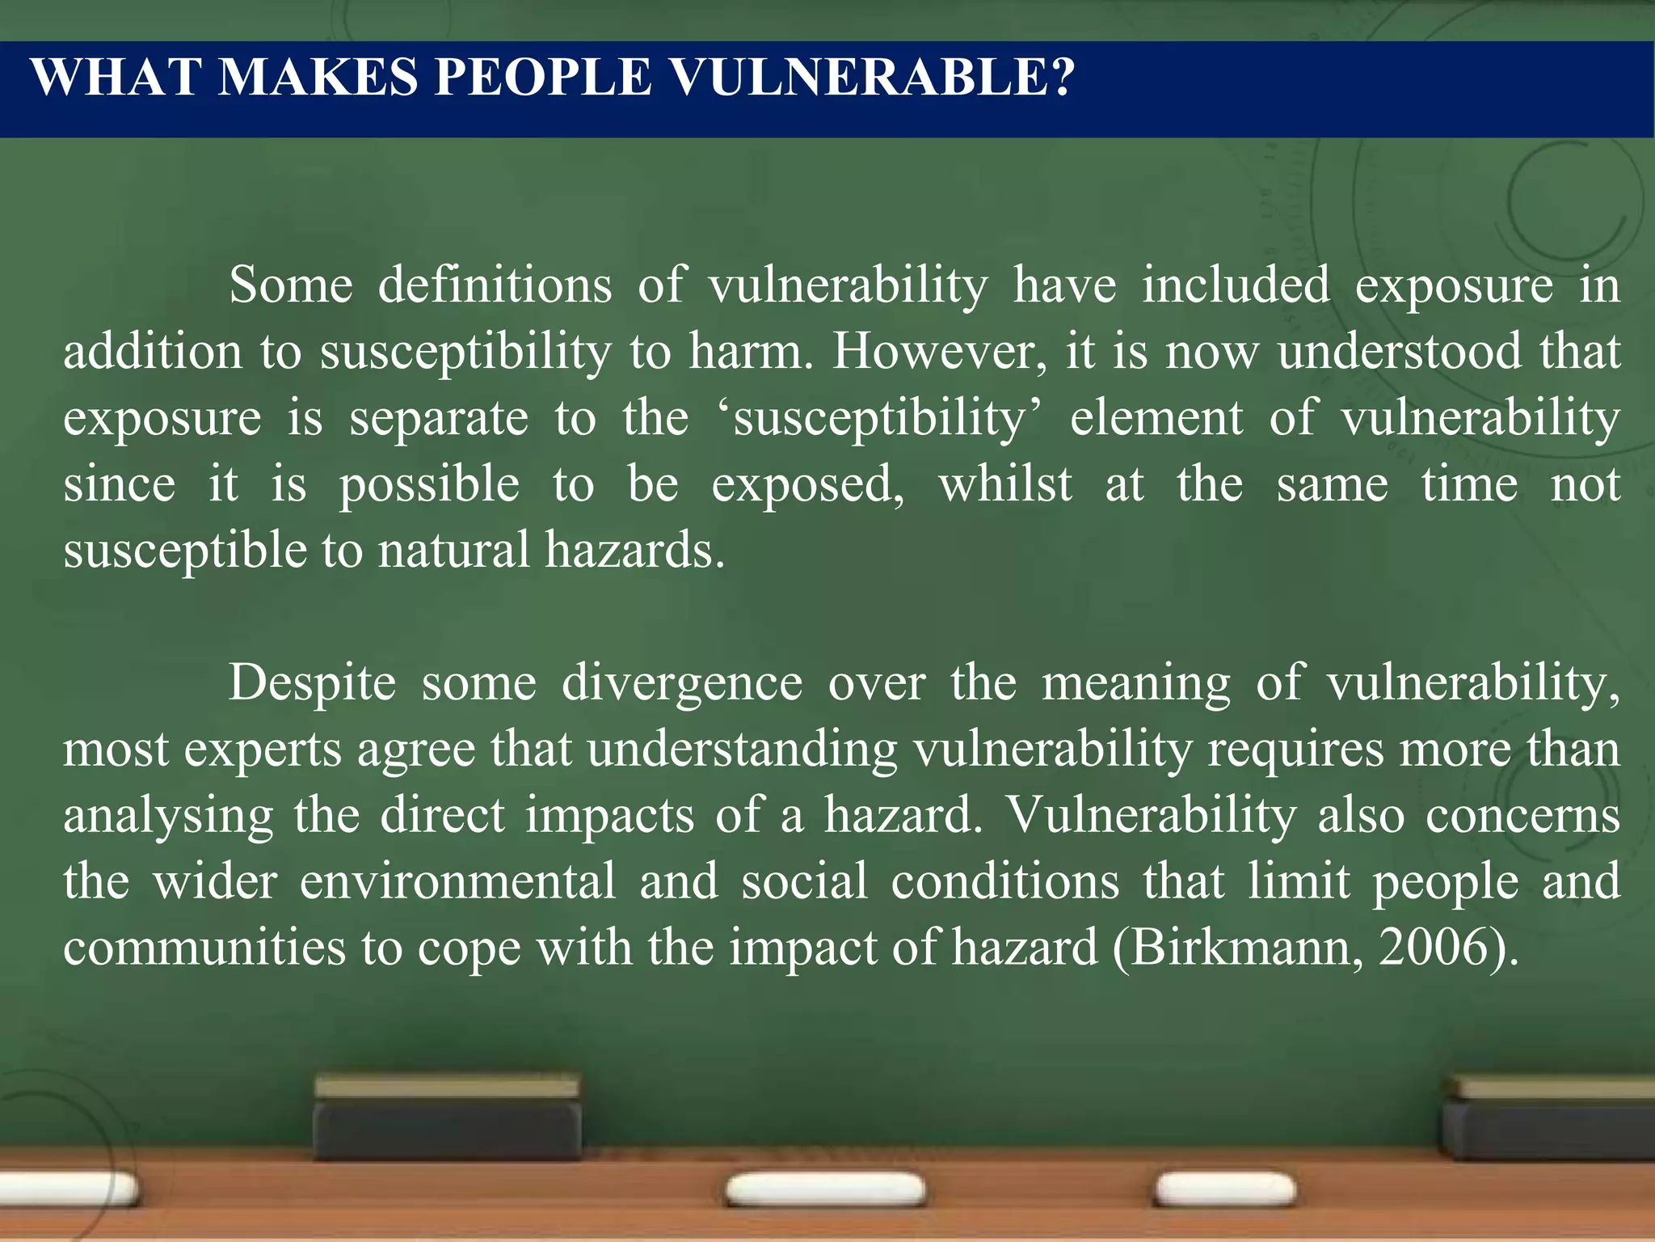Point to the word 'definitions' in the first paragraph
click(495, 285)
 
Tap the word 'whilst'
click(1005, 484)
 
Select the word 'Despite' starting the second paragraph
click(312, 683)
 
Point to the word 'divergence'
click(682, 683)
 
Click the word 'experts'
click(263, 750)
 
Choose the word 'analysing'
click(168, 816)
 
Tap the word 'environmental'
click(457, 881)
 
